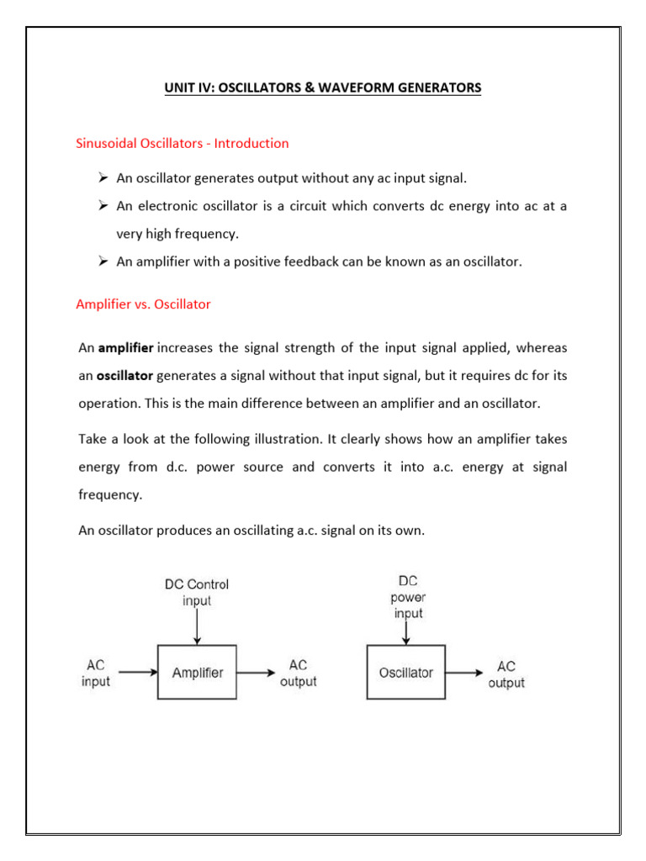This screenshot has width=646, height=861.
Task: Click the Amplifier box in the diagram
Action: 197,672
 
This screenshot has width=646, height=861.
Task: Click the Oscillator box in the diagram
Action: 406,672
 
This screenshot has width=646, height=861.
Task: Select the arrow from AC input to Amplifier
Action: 138,672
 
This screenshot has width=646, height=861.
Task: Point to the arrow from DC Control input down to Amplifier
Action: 197,627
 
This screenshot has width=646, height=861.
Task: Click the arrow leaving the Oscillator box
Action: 465,672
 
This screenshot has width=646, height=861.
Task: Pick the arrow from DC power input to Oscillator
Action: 406,632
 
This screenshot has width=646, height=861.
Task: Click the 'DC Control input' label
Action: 197,592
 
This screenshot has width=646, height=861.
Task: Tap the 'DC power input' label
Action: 407,597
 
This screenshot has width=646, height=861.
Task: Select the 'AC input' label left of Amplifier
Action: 95,673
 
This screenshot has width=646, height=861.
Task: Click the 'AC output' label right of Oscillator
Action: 506,673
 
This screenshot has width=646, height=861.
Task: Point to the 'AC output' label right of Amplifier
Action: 298,673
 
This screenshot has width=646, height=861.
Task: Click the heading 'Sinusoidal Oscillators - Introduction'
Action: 183,143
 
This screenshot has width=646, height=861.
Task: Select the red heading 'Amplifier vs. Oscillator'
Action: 143,304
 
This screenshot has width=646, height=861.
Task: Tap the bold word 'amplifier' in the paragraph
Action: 126,347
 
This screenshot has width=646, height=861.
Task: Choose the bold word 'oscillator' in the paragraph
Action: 126,375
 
